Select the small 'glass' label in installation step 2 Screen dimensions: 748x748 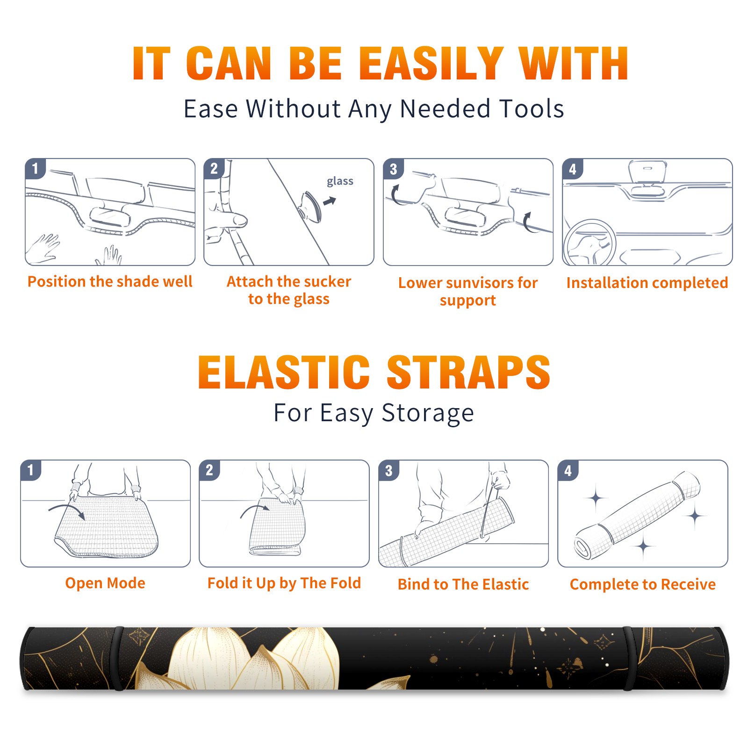340,181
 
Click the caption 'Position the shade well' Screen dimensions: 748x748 110,281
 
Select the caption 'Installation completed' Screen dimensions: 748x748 647,282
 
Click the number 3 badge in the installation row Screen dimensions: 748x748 393,169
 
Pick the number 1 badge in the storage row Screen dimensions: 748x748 31,470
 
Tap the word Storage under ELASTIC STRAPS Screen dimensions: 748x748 428,413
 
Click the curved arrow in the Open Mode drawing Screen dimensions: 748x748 67,511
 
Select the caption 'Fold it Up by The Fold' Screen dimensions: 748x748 284,583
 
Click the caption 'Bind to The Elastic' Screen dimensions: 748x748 463,584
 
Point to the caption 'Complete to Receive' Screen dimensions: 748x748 643,584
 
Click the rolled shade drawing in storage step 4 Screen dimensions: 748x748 637,515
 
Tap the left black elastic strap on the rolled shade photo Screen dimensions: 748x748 118,658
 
